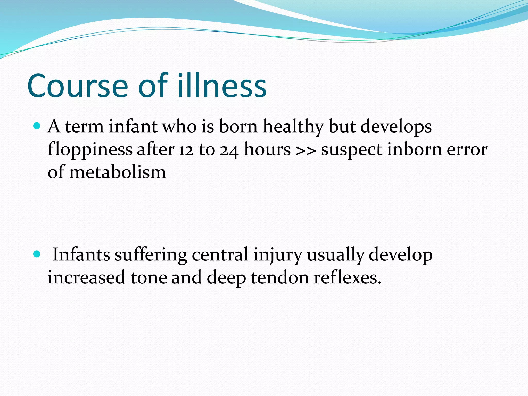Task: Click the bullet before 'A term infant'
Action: [x=37, y=126]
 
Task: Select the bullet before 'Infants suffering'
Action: [x=37, y=254]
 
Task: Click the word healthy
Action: [x=293, y=127]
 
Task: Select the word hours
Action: [x=267, y=150]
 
